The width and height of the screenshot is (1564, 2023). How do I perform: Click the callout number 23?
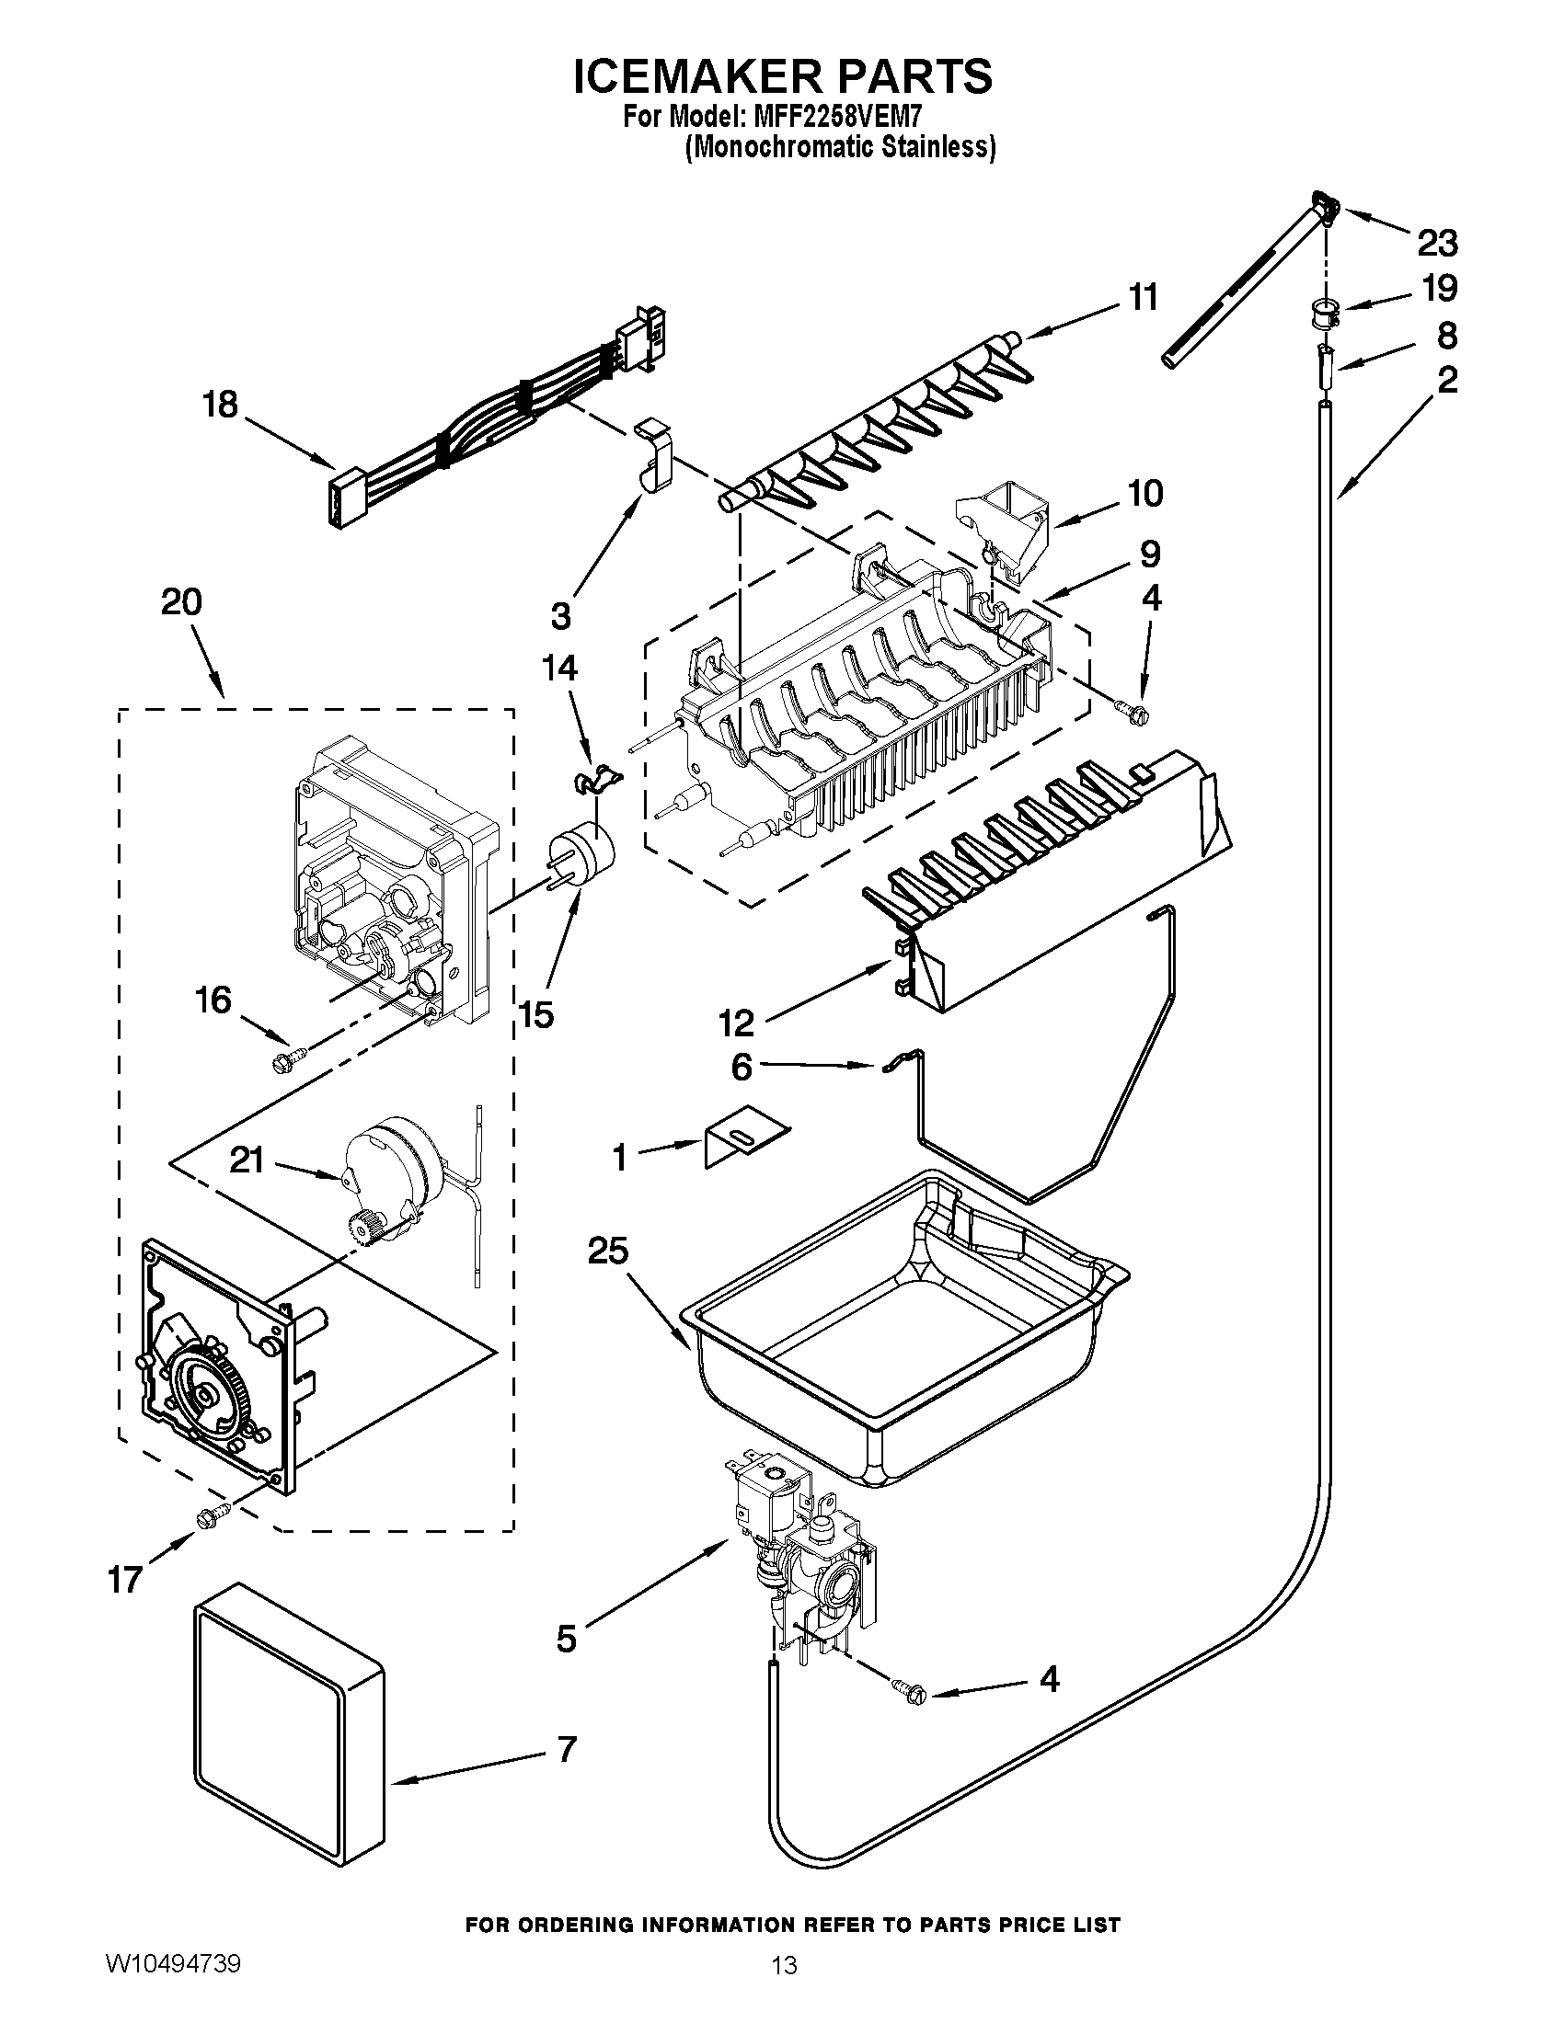[x=1437, y=244]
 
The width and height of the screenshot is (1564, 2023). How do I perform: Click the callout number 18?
[x=221, y=405]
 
